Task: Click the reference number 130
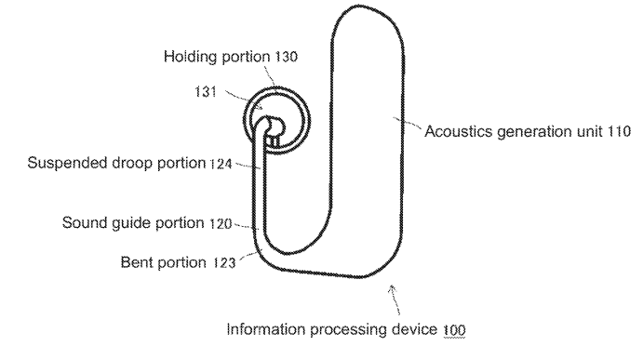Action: pos(286,57)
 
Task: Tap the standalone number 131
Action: pos(206,92)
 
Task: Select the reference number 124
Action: pos(221,164)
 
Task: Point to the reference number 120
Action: pos(221,224)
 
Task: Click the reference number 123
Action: pos(224,262)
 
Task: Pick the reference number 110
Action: pos(619,131)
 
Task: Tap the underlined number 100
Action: pos(454,330)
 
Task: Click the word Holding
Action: pos(191,57)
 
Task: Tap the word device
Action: pos(414,329)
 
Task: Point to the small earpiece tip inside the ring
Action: pos(274,126)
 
